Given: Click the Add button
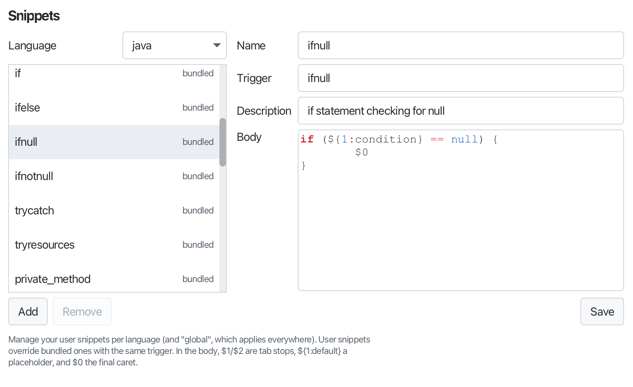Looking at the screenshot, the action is tap(28, 311).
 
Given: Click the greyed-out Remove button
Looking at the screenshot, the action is tap(82, 311).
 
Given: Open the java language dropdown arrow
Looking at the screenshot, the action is tap(217, 45).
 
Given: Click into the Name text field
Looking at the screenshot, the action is tap(460, 45).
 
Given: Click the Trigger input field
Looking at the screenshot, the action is tap(460, 78).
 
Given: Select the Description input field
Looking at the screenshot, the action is tap(460, 111).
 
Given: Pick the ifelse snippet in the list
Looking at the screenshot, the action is tap(114, 107).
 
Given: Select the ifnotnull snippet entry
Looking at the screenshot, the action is tap(114, 176).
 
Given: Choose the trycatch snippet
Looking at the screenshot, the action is tap(114, 211).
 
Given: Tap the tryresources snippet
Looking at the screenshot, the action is tap(114, 245).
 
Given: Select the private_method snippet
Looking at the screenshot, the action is tap(114, 279).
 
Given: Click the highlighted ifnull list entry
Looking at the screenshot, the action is tap(114, 142).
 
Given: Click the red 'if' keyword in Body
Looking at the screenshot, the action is tap(307, 139).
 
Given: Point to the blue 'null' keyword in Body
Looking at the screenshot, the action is tap(464, 139).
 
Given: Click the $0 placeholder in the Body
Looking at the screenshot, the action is tap(362, 153).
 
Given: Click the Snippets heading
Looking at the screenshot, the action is tap(34, 16).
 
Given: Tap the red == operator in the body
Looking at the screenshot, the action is tap(437, 139).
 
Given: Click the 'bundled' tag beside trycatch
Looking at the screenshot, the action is tap(198, 211).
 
